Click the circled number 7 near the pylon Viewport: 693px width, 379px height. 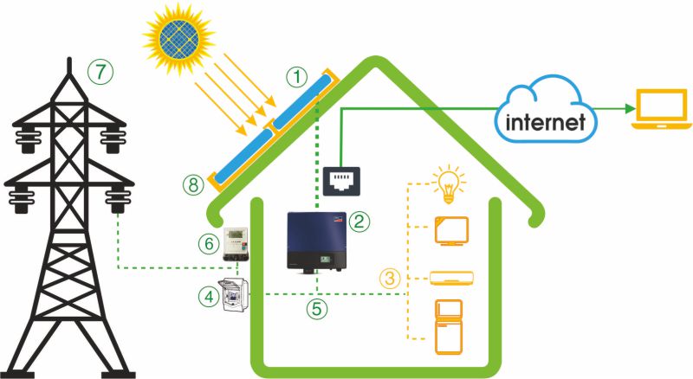pyautogui.click(x=103, y=73)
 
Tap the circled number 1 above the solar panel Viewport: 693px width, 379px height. pyautogui.click(x=298, y=77)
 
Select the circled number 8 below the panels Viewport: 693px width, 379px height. pyautogui.click(x=194, y=183)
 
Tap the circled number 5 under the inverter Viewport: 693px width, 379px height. pyautogui.click(x=320, y=306)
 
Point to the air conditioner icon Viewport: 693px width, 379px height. pyautogui.click(x=451, y=279)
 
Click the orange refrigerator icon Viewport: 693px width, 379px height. pyautogui.click(x=450, y=326)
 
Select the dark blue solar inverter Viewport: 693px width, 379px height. pyautogui.click(x=318, y=241)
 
